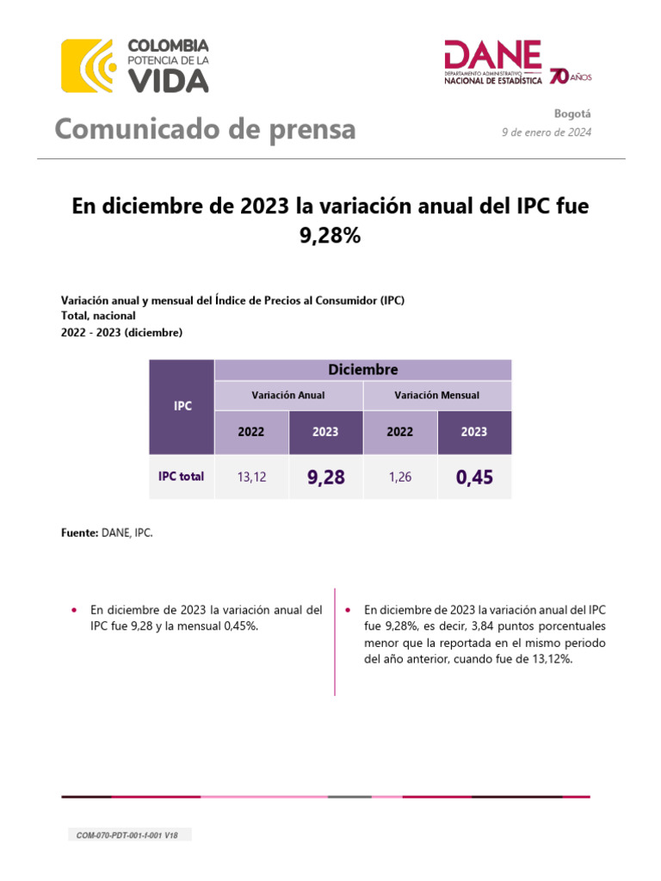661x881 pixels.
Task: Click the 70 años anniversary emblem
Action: click(x=569, y=77)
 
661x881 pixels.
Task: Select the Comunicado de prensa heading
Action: click(x=205, y=129)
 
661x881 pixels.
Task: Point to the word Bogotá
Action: click(x=573, y=114)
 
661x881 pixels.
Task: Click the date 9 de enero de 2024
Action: click(x=547, y=132)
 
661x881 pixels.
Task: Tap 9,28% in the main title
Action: click(x=330, y=235)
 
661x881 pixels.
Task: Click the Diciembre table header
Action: click(x=362, y=369)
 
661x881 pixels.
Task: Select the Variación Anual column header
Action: click(x=287, y=395)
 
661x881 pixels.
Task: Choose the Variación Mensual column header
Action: click(x=436, y=395)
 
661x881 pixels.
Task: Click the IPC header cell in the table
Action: click(x=182, y=406)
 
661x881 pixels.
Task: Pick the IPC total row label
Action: click(x=182, y=476)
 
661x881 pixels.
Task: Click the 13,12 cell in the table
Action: click(x=251, y=477)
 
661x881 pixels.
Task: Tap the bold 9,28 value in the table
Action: click(x=325, y=477)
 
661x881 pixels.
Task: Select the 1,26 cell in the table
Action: click(x=399, y=477)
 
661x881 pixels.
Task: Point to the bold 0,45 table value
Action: click(x=474, y=477)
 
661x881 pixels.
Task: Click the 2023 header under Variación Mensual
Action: click(x=474, y=432)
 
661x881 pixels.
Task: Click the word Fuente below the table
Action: click(x=79, y=533)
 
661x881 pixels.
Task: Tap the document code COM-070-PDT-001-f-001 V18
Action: click(x=129, y=835)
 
